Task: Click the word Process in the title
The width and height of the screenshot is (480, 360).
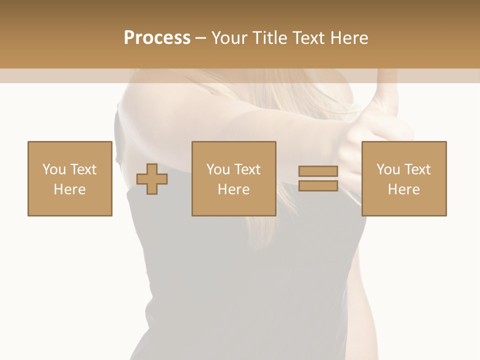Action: [157, 38]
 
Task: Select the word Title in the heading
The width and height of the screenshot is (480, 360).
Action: [270, 38]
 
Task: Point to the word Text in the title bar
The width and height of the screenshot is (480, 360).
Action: [308, 38]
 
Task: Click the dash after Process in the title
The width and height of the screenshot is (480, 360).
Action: [201, 38]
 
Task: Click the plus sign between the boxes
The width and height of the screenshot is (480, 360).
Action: [152, 179]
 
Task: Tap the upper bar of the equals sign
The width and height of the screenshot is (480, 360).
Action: [318, 171]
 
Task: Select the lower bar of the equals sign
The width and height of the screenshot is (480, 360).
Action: [318, 185]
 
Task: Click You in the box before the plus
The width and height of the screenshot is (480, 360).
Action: [54, 169]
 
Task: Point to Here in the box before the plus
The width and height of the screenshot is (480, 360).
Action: [69, 189]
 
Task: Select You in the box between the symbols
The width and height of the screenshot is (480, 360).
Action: [218, 169]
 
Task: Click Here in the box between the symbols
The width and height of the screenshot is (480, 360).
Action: [233, 189]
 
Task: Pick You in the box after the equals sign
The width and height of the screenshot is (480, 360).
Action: [388, 169]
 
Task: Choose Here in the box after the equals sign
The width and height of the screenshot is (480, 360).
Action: [403, 189]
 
